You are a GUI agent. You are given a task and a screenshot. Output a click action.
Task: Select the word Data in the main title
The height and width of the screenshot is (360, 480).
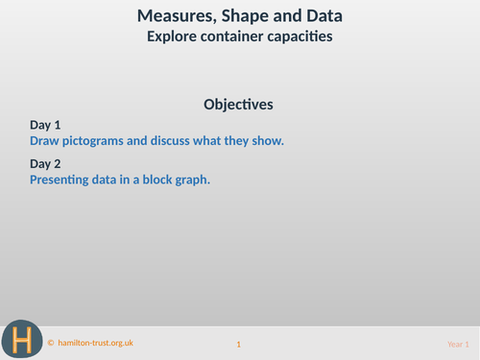tap(324, 16)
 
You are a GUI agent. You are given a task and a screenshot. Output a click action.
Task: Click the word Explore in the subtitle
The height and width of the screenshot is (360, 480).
tap(173, 37)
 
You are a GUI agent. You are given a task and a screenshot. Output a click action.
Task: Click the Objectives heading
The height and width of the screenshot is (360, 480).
tap(239, 104)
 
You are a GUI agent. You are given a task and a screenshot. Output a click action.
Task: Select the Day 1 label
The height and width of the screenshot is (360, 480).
tap(45, 125)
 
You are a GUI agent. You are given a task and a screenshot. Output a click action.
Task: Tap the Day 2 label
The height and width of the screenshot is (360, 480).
tap(45, 163)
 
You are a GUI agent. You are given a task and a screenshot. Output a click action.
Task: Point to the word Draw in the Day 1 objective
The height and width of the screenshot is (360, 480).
tap(45, 140)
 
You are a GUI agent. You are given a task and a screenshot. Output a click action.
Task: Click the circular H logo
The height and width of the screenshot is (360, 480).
tap(21, 339)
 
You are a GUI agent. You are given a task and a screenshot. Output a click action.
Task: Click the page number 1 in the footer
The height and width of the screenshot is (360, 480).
tap(239, 344)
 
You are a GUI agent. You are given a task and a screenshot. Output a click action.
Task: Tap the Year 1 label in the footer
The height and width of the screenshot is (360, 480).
tap(458, 344)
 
